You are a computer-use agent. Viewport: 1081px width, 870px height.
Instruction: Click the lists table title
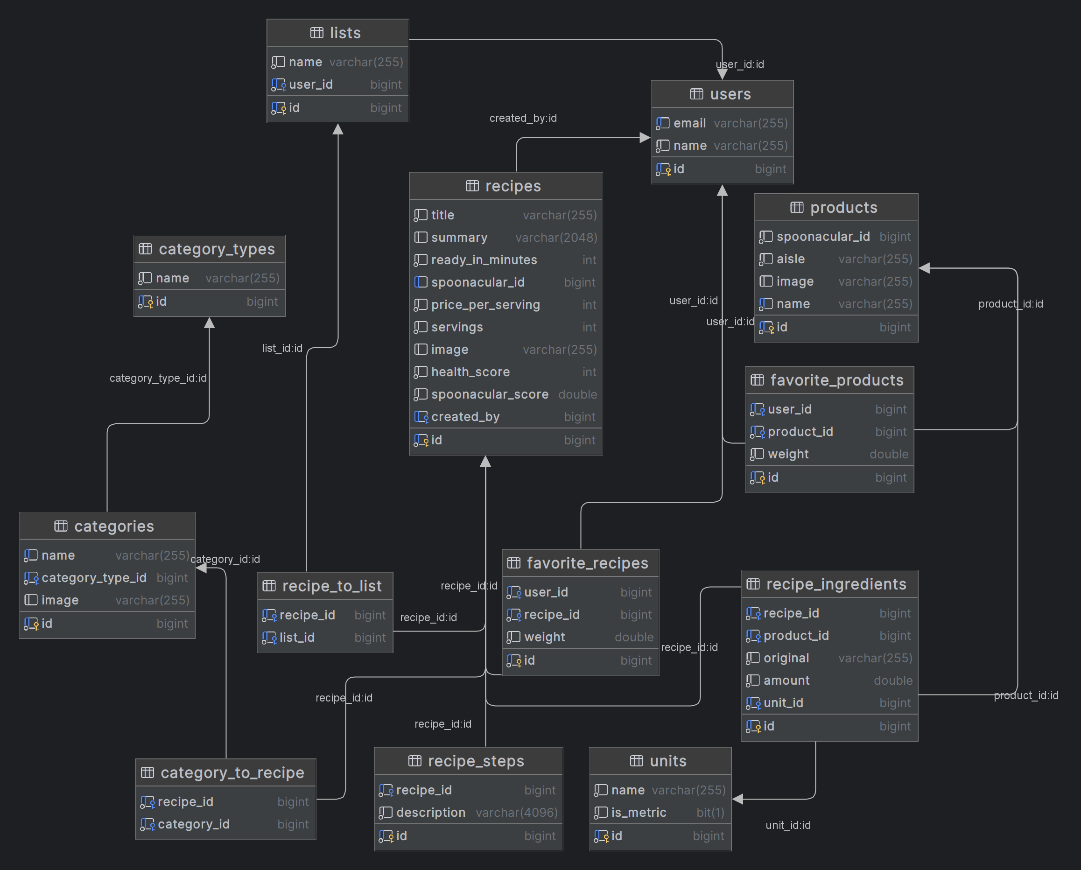[345, 33]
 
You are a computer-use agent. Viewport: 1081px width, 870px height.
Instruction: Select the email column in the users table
[689, 123]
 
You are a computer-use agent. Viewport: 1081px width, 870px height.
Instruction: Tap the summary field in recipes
[459, 237]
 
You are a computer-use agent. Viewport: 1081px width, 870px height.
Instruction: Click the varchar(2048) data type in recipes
[556, 237]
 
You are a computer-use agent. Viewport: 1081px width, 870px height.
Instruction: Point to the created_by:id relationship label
[523, 118]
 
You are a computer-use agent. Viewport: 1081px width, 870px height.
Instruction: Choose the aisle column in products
[790, 259]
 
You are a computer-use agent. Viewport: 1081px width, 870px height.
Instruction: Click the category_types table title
[217, 249]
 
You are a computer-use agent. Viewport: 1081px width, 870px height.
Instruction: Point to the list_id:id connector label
[282, 348]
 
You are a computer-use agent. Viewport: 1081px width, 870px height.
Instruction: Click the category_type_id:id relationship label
[158, 378]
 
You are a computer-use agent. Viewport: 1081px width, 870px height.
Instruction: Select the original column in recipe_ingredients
[786, 658]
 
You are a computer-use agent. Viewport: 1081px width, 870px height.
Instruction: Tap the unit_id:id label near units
[788, 825]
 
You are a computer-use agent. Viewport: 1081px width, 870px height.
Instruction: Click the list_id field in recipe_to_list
[297, 638]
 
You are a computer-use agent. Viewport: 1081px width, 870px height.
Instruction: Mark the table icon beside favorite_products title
[757, 380]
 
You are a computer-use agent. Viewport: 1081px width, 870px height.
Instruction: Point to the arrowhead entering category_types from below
[210, 323]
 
